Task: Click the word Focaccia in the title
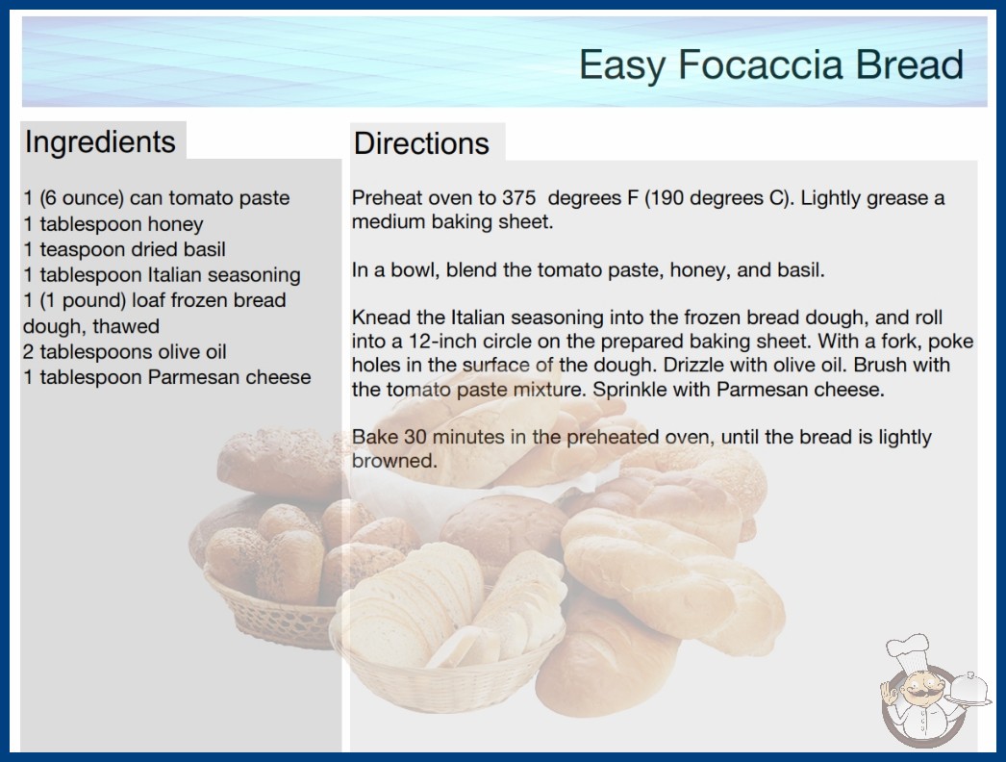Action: [761, 64]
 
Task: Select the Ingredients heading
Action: [100, 142]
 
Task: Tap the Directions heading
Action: [421, 143]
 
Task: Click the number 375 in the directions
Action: [518, 198]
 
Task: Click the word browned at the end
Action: [394, 461]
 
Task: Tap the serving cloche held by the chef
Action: [969, 689]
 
